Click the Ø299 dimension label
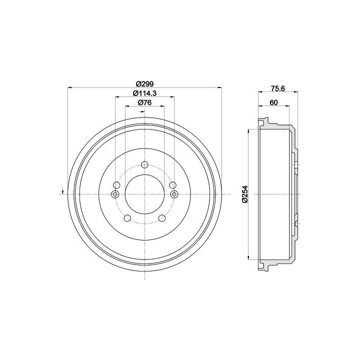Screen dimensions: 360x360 (x=144, y=83)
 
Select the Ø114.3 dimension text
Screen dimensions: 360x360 (x=144, y=93)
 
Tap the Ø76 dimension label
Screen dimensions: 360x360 (x=144, y=102)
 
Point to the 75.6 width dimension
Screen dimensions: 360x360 (x=278, y=88)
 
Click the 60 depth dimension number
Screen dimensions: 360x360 (x=273, y=102)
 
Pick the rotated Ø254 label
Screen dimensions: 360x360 (x=245, y=194)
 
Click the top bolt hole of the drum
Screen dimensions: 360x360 (x=144, y=164)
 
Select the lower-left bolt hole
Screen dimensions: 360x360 (x=127, y=218)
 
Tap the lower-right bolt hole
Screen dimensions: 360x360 (x=162, y=218)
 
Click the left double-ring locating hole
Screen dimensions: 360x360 (x=115, y=194)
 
